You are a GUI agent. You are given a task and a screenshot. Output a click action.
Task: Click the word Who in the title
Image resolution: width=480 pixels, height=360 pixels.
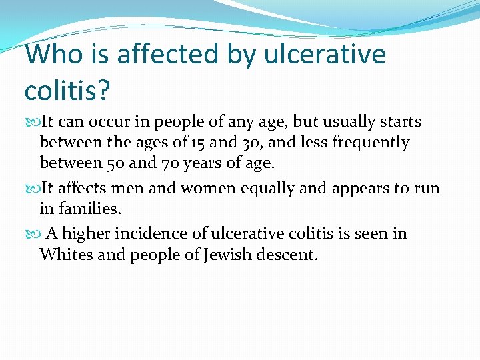51,54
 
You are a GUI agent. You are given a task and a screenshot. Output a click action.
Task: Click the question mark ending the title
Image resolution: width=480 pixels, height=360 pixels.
102,89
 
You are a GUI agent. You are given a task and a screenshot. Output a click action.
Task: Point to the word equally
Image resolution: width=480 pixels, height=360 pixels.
259,188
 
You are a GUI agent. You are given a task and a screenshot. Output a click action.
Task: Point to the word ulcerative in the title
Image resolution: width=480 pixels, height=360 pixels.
325,54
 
